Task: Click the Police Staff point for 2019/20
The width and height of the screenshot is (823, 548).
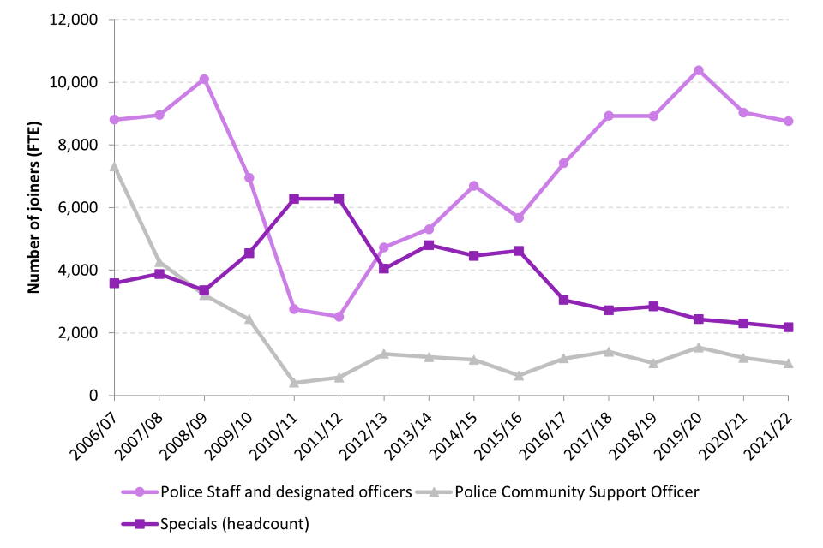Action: [699, 70]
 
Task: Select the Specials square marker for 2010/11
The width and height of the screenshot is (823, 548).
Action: [294, 199]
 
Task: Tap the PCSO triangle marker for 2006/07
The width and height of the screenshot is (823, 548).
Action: [114, 166]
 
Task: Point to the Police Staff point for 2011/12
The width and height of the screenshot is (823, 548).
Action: [339, 317]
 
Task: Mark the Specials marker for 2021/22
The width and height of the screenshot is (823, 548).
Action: [789, 327]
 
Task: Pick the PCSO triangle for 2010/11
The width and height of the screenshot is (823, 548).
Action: [294, 383]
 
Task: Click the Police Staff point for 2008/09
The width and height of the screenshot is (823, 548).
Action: [204, 80]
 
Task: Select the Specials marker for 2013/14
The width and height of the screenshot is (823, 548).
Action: [429, 245]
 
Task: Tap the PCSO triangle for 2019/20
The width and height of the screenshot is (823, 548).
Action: [699, 348]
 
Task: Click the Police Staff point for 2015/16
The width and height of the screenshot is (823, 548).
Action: [519, 217]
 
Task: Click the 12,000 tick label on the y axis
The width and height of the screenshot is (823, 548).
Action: [73, 20]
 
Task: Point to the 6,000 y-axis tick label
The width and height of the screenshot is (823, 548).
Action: [76, 207]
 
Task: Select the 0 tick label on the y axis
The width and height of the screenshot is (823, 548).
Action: [93, 396]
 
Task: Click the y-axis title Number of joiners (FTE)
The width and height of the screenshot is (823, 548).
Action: [34, 207]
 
